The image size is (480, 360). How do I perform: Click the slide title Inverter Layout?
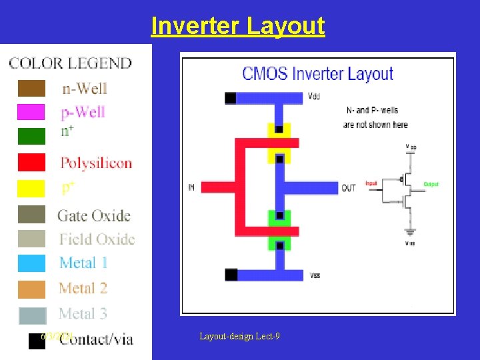click(x=238, y=26)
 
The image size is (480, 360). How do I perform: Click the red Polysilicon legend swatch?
click(x=31, y=162)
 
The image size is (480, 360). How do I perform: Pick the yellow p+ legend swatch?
click(x=31, y=189)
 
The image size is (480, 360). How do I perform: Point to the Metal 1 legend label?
click(x=83, y=263)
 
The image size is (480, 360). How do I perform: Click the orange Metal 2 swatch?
click(x=31, y=289)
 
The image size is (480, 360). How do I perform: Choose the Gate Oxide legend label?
click(x=93, y=215)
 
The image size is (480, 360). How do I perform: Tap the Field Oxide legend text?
click(x=97, y=239)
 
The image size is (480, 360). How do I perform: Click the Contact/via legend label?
click(x=96, y=339)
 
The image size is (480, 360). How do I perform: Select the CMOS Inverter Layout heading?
click(x=317, y=73)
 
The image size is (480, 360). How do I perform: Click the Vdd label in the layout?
click(x=314, y=97)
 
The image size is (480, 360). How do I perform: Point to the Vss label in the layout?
click(x=315, y=275)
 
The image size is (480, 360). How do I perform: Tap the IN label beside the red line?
click(x=192, y=188)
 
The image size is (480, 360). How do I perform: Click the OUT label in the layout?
click(x=348, y=188)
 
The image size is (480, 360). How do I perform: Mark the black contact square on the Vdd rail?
click(x=231, y=98)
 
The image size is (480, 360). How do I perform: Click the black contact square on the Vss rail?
click(x=231, y=274)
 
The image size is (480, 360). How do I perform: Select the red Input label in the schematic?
click(x=371, y=183)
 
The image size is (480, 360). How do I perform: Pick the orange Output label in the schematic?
click(x=431, y=183)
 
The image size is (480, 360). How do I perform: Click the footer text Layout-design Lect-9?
click(x=239, y=336)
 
